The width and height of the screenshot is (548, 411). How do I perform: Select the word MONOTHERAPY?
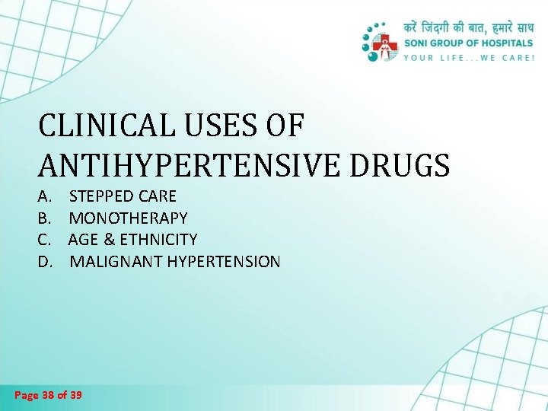(x=128, y=218)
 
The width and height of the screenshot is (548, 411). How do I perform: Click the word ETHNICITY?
(x=157, y=240)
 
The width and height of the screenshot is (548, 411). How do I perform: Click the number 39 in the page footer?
(x=76, y=395)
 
